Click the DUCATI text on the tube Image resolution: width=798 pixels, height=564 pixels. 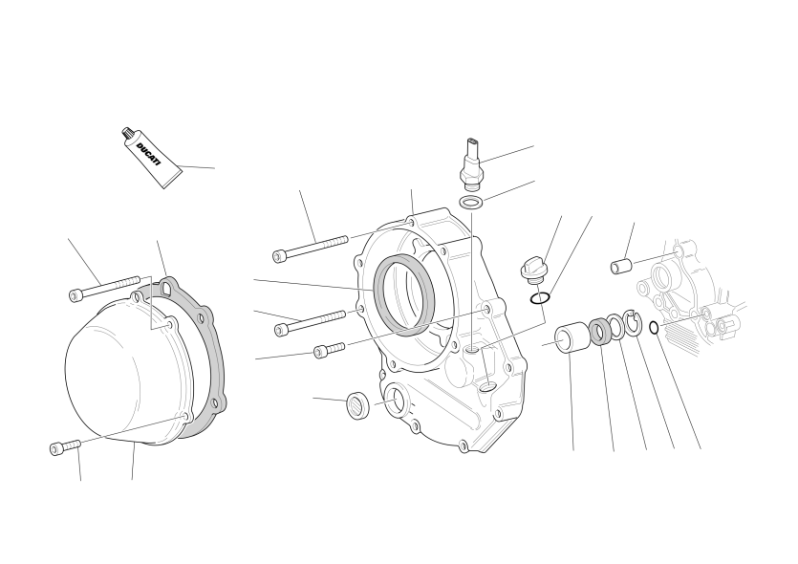point(148,154)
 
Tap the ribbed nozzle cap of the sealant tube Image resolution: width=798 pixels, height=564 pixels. point(128,134)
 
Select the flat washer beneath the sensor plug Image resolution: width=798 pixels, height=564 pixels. point(471,202)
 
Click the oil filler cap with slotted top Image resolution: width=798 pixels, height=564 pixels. point(529,270)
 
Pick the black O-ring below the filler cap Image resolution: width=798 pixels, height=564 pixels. point(539,298)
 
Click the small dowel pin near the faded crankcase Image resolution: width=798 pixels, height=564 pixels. point(621,265)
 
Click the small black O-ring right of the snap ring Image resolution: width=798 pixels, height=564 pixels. point(655,327)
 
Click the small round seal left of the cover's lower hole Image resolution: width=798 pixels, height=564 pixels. point(358,405)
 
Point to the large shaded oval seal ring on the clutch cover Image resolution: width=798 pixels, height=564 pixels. point(404,294)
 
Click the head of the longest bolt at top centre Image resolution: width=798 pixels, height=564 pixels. point(279,255)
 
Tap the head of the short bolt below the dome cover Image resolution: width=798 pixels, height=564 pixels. point(57,448)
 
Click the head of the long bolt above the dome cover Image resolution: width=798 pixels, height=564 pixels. point(75,294)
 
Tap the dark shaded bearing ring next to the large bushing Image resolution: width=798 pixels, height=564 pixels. point(600,332)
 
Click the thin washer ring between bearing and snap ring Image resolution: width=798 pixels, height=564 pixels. point(617,327)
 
